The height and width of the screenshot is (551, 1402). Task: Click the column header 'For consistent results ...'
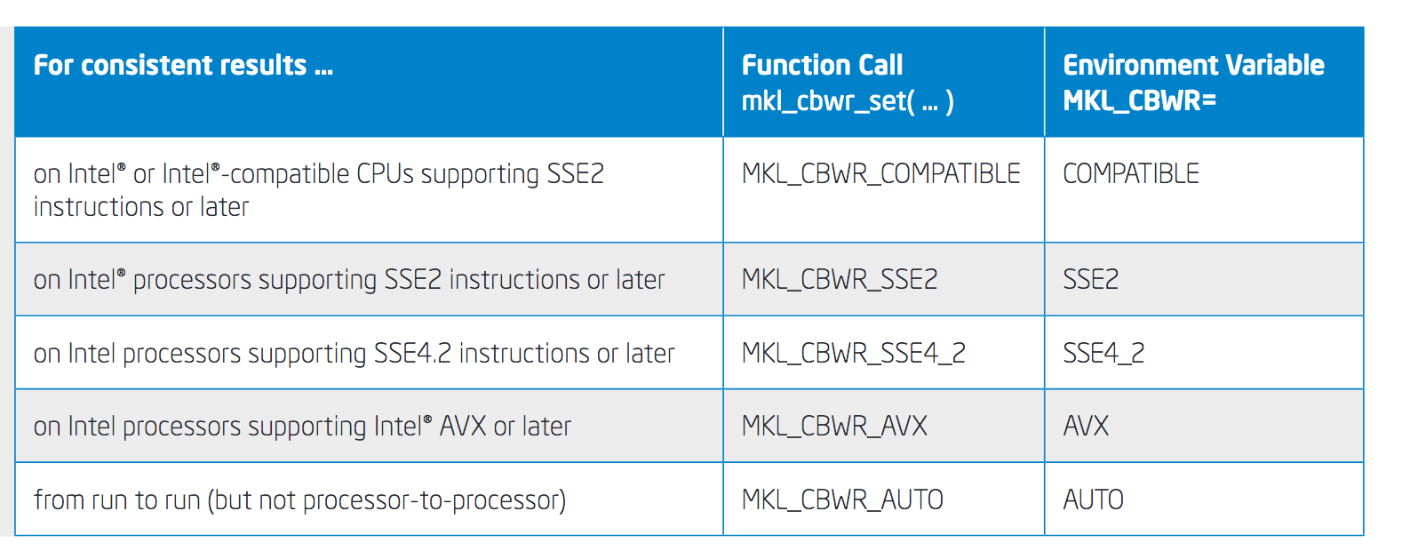tap(183, 66)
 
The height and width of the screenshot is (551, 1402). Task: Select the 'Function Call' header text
tap(822, 66)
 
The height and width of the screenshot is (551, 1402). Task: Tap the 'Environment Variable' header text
tap(1193, 66)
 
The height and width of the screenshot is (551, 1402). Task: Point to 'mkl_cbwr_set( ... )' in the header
tap(848, 101)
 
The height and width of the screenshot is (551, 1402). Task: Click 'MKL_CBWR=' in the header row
tap(1139, 101)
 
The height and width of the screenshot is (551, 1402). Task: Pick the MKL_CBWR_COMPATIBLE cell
tap(880, 174)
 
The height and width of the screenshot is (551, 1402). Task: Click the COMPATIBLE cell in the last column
tap(1131, 174)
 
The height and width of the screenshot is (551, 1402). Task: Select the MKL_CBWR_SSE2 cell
tap(840, 280)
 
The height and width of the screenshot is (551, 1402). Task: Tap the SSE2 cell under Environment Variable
tap(1091, 280)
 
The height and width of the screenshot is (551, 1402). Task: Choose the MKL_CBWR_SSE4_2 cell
tap(853, 354)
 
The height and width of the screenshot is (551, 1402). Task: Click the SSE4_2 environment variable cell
tap(1103, 354)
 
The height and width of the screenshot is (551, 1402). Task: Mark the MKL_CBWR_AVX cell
tap(834, 427)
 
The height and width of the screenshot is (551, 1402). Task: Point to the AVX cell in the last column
tap(1086, 427)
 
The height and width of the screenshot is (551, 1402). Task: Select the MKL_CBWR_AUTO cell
tap(842, 500)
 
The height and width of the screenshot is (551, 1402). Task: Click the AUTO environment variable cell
tap(1093, 500)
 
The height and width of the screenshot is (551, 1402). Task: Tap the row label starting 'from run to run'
tap(299, 500)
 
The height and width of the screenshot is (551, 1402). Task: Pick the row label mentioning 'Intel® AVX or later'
tap(302, 427)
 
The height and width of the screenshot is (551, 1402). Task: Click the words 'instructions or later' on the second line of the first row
tap(141, 207)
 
